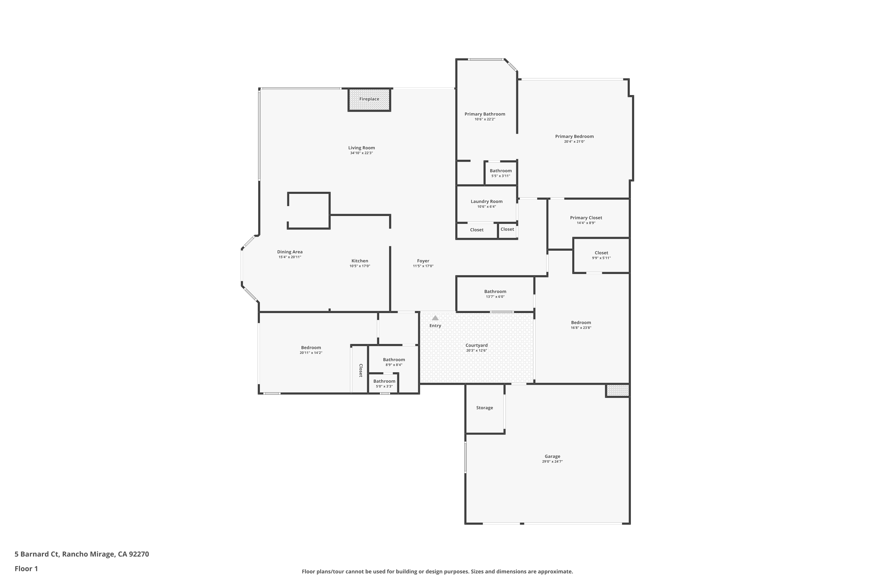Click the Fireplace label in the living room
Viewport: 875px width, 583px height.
369,99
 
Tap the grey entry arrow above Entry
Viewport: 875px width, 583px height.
435,318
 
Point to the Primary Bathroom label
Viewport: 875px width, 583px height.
485,114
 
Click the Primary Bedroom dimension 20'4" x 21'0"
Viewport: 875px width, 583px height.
574,142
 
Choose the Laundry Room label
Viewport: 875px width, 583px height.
487,201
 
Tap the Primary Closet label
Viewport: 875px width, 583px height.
586,218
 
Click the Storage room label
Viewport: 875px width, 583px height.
484,408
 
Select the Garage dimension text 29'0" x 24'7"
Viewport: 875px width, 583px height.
552,462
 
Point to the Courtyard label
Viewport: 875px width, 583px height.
477,345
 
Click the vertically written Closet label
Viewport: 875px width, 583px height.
360,370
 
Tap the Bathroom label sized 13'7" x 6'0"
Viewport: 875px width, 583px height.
495,291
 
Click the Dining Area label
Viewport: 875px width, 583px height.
290,252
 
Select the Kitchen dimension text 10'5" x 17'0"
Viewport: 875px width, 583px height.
360,266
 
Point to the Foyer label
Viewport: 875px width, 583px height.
423,261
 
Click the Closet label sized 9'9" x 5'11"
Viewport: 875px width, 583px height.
601,253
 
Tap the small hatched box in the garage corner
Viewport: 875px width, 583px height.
617,390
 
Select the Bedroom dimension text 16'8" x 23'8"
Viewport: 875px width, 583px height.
581,328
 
